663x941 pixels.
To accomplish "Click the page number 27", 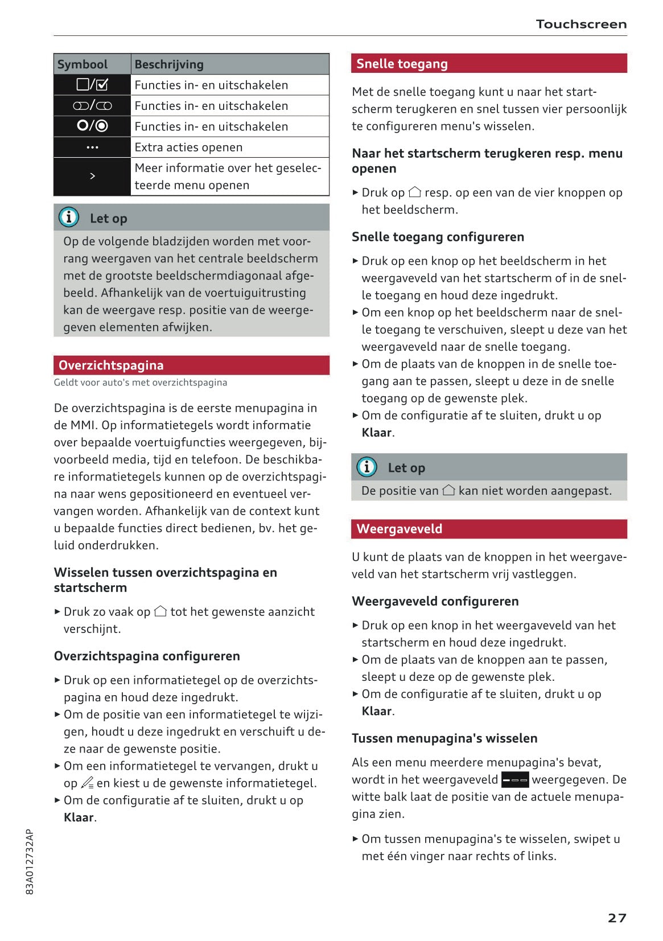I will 617,918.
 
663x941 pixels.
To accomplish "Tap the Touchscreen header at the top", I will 581,24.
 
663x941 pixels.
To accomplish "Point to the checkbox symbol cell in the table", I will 92,85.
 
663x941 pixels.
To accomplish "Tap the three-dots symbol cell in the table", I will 92,147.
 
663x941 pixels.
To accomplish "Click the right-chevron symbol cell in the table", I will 92,176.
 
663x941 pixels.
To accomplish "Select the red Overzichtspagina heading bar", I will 191,365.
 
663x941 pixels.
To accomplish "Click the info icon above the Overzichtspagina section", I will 69,217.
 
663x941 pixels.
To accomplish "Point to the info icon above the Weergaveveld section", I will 366,467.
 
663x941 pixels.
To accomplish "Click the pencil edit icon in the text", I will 87,783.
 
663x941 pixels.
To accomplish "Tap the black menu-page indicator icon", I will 515,780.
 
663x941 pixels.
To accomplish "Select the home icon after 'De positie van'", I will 448,490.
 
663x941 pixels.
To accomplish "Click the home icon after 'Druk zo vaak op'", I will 160,611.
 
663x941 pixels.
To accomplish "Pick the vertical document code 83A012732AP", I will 30,861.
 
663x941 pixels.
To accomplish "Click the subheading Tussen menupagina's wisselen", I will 444,738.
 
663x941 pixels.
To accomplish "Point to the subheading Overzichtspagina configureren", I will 147,656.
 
